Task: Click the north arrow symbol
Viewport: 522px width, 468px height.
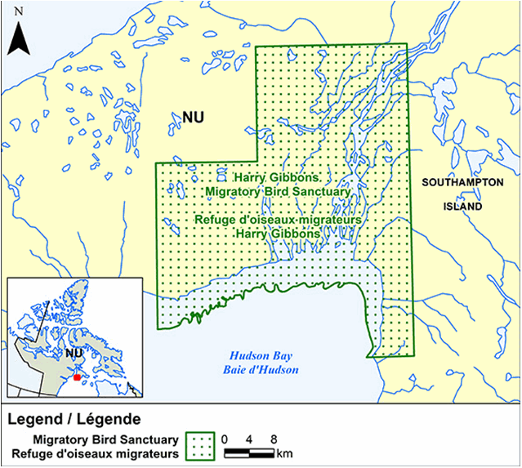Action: (19, 39)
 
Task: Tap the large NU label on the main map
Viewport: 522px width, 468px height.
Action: (193, 118)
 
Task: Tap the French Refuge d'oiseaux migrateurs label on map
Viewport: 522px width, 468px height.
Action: (278, 220)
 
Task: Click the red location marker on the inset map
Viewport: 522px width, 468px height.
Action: (77, 377)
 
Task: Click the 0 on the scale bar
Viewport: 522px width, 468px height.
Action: (226, 439)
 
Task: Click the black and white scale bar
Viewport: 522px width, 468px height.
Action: (249, 452)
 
